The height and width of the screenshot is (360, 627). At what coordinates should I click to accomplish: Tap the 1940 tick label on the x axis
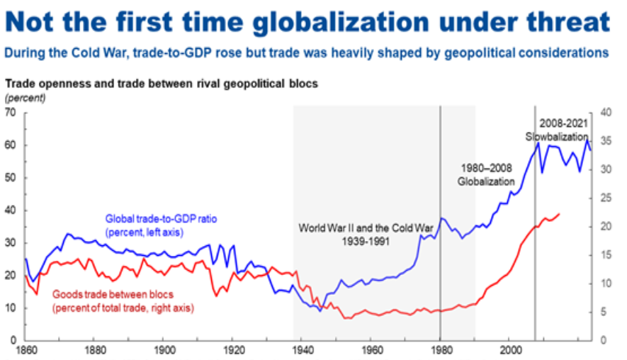click(x=302, y=349)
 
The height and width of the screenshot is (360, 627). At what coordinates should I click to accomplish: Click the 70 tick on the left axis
click(x=11, y=113)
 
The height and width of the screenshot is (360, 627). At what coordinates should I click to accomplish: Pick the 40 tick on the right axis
click(x=605, y=113)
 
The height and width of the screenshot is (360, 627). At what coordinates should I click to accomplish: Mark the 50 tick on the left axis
click(x=11, y=178)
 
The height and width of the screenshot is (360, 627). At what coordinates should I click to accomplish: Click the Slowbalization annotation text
click(x=558, y=137)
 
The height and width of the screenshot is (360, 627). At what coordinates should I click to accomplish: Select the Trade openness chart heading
click(x=162, y=83)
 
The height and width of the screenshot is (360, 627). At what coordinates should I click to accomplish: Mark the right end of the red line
click(x=560, y=213)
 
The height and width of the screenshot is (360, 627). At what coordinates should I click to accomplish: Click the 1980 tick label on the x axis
click(x=440, y=349)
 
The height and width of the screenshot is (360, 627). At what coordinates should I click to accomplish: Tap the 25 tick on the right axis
click(x=605, y=198)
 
